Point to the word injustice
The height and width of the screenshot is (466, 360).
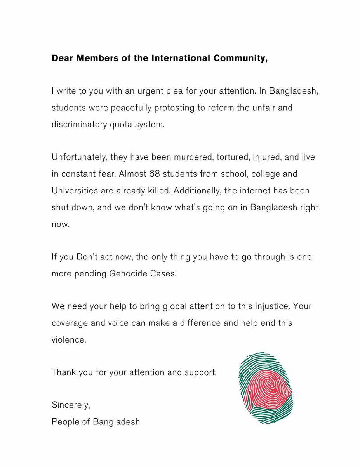tap(271, 306)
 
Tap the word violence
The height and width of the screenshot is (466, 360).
tap(68, 339)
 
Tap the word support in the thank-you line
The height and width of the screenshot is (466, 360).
tap(201, 372)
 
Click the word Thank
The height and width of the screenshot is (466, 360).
tap(63, 372)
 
